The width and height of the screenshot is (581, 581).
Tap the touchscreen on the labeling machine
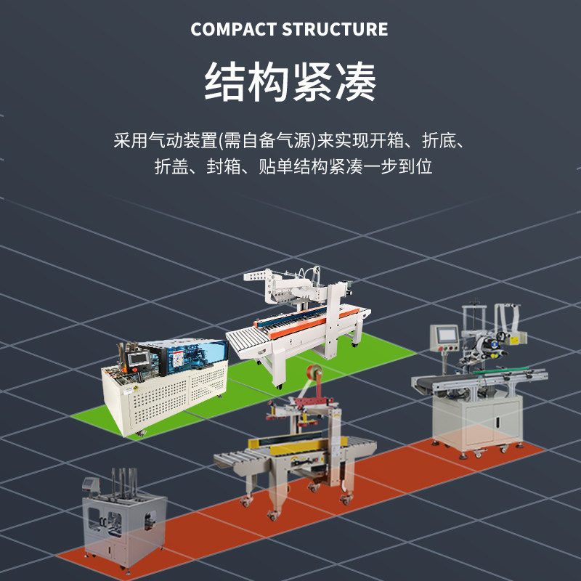(445, 334)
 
